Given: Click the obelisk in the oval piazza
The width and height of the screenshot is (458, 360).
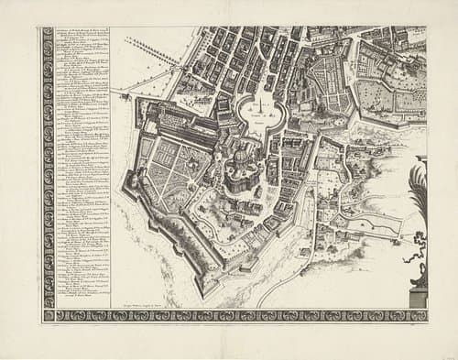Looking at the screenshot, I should pos(263,108).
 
